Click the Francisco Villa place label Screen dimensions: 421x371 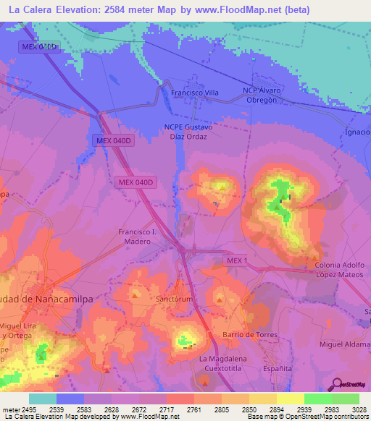point(194,93)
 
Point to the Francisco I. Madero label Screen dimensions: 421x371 point(138,235)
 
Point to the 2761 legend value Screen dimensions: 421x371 point(180,409)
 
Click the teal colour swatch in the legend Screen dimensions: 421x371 point(42,399)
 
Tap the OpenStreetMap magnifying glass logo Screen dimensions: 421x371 point(336,383)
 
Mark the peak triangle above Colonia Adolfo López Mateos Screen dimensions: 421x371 point(314,255)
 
